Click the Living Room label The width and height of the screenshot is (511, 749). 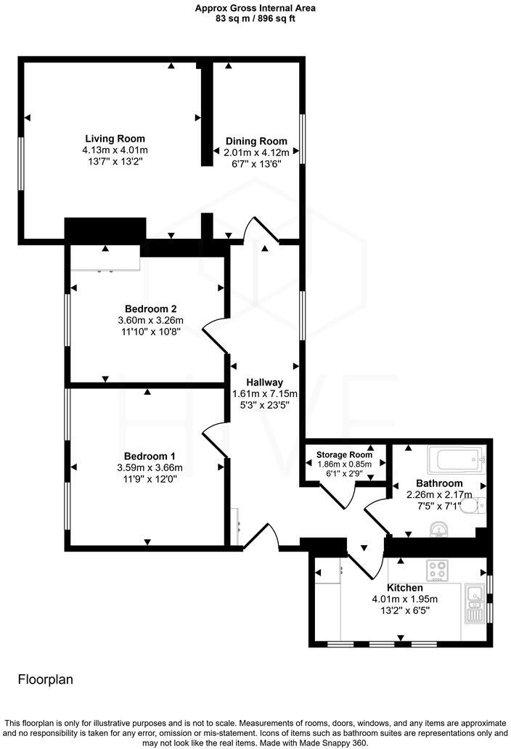pyautogui.click(x=115, y=139)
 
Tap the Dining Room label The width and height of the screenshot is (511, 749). pyautogui.click(x=256, y=141)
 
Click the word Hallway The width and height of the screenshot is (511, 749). pyautogui.click(x=264, y=382)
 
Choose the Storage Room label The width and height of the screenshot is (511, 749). pyautogui.click(x=344, y=455)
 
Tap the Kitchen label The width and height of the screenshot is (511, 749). pyautogui.click(x=405, y=587)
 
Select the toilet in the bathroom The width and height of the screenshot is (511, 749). pyautogui.click(x=473, y=505)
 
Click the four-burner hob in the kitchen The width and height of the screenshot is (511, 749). pyautogui.click(x=437, y=570)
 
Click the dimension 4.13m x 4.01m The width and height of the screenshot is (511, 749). pyautogui.click(x=115, y=150)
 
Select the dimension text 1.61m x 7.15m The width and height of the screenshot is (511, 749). pyautogui.click(x=264, y=393)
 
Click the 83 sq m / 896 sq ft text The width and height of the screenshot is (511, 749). pyautogui.click(x=255, y=20)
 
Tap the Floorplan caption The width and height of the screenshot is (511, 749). pyautogui.click(x=45, y=680)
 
